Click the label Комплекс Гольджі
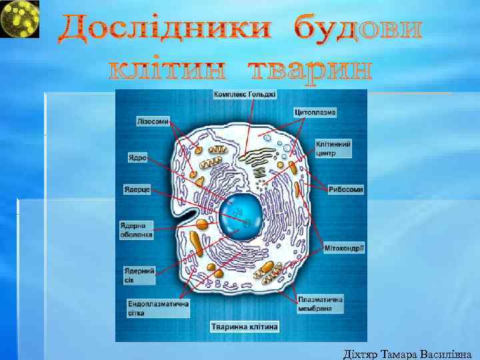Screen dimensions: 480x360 [244, 95]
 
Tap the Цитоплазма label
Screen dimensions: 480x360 [315, 112]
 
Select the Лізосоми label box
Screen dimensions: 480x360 [153, 122]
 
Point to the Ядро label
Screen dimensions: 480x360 [137, 158]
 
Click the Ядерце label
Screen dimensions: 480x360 [138, 189]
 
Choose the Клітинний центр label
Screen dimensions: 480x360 [333, 149]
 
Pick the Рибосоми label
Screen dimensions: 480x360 [346, 189]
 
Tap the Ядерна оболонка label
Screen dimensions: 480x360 [137, 229]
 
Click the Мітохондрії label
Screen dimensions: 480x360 [344, 249]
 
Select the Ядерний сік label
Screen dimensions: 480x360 [139, 275]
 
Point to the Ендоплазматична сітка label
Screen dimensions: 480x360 [158, 308]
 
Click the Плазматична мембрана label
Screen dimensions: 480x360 [321, 304]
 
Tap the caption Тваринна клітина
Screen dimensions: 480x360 [245, 327]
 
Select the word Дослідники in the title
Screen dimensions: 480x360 [166, 29]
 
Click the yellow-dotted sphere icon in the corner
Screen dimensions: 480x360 [19, 19]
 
